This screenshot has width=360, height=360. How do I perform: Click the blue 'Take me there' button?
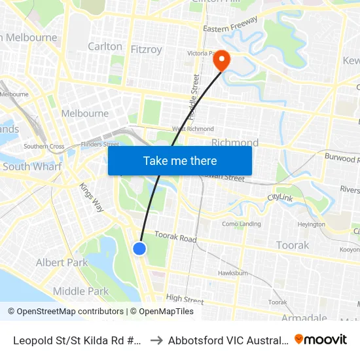[180, 160]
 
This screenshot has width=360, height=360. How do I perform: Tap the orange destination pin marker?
[222, 60]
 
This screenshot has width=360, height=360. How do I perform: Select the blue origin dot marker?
[139, 248]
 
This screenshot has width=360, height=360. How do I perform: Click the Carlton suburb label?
[105, 46]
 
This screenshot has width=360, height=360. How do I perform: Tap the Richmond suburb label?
[235, 143]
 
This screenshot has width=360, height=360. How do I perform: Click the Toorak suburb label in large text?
[293, 245]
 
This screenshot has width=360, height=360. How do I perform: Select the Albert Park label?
[62, 262]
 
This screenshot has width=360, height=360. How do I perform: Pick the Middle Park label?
[81, 291]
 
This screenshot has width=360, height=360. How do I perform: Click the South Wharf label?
[32, 166]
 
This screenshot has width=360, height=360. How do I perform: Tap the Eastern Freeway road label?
[231, 28]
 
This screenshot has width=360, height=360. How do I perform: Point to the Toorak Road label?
[175, 238]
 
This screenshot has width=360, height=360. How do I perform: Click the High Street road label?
[185, 300]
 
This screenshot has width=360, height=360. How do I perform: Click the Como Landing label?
[242, 224]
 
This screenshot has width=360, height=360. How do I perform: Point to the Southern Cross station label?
[44, 147]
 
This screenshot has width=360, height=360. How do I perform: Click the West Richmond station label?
[192, 129]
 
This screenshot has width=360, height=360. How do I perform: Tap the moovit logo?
[321, 339]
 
